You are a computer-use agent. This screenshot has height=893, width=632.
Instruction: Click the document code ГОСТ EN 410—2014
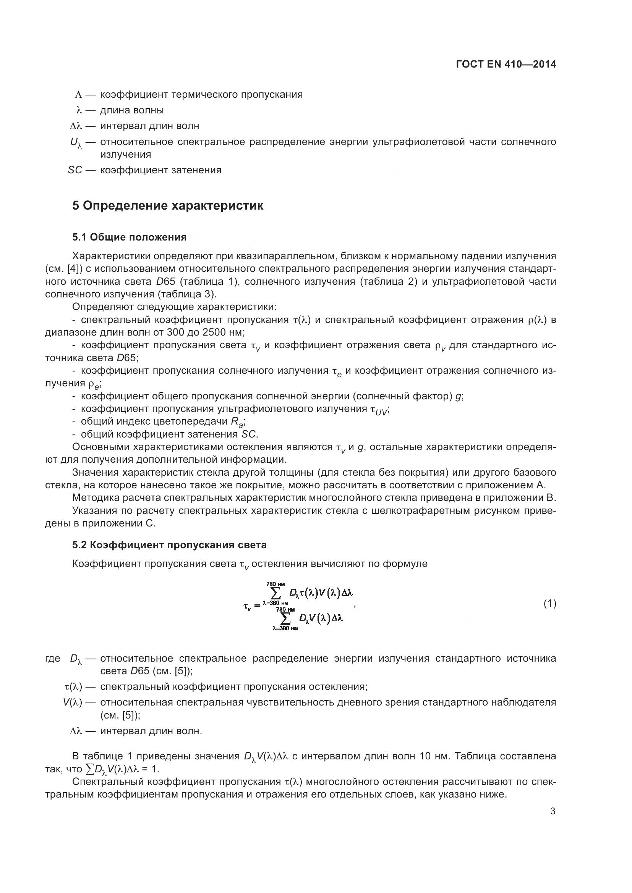pos(506,65)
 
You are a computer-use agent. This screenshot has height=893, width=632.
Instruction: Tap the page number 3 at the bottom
pos(553,811)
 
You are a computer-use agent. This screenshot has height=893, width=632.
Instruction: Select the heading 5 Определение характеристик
pos(168,205)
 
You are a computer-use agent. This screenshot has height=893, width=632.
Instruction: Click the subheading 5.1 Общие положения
pos(129,237)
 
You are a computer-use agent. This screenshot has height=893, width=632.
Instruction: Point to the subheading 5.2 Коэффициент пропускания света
pos(169,545)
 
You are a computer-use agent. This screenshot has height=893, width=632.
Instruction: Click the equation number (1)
pos(549,604)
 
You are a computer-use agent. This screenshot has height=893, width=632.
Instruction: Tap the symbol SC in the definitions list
pos(75,170)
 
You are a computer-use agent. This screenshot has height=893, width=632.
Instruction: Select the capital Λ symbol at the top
pos(78,95)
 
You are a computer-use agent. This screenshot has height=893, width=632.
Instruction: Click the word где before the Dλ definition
pos(52,659)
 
